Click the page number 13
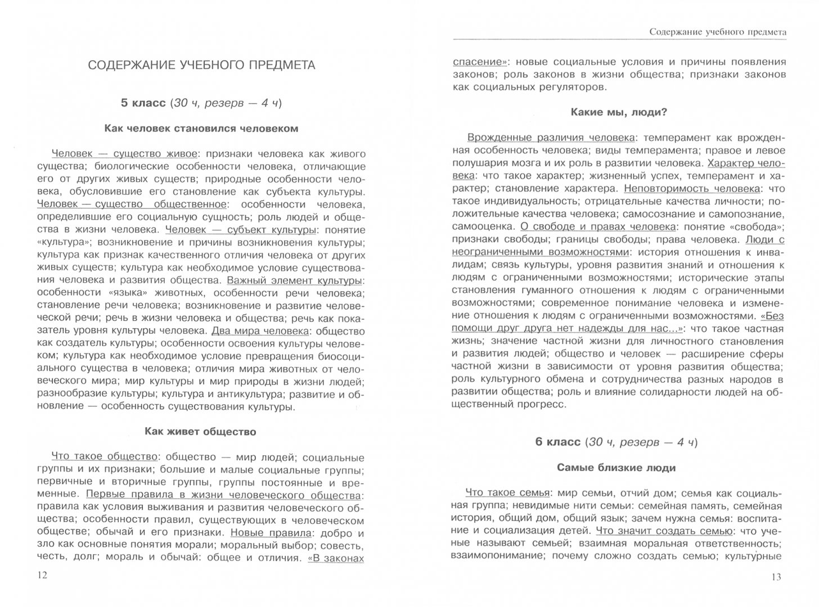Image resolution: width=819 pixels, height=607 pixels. pos(776,577)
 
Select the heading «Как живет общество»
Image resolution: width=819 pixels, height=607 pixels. pos(200,432)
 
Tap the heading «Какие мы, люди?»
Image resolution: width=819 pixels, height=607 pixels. pos(619,112)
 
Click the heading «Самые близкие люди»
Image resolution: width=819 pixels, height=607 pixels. pos(616,468)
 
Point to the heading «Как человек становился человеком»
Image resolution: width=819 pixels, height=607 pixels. pos(201,128)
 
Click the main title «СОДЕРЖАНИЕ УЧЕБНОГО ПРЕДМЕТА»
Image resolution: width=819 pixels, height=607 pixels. pos(201,66)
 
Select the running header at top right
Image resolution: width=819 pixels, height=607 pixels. pos(717,32)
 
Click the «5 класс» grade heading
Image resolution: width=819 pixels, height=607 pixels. pos(143,103)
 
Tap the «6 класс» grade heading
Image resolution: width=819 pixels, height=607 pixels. pos(557,442)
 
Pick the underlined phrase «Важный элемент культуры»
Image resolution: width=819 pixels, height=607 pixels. pos(294,280)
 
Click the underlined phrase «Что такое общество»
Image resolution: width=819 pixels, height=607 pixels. pos(104,456)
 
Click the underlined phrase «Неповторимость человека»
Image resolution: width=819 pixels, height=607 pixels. pos(692,188)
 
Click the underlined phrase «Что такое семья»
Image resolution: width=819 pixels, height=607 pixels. pos(507,493)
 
